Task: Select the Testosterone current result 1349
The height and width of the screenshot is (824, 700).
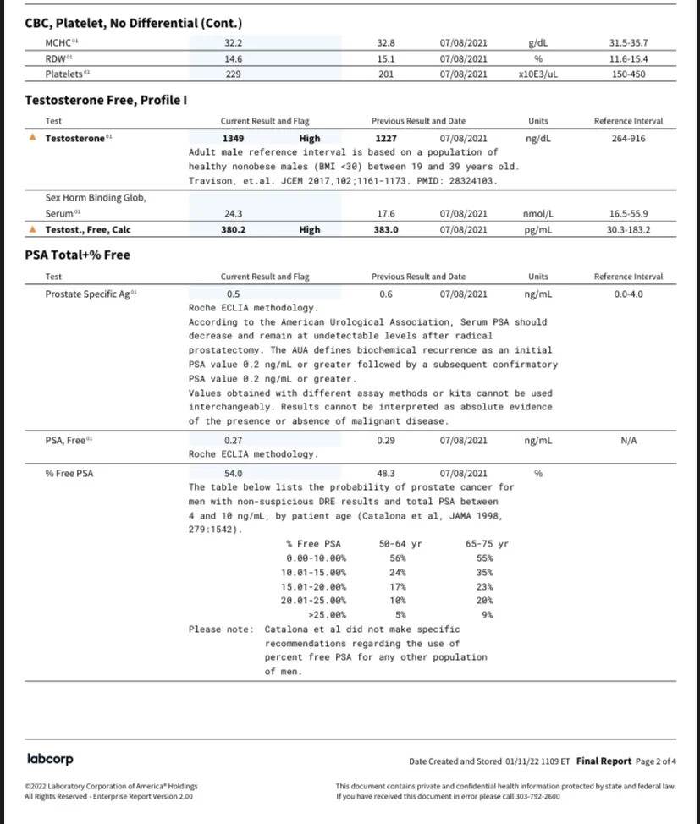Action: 234,138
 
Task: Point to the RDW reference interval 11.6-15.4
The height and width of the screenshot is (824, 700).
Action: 627,58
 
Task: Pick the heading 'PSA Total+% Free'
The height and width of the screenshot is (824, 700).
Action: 77,255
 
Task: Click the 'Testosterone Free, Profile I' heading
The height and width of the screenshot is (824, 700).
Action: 106,101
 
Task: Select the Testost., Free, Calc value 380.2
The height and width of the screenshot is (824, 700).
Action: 234,229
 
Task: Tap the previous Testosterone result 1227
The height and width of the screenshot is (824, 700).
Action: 386,138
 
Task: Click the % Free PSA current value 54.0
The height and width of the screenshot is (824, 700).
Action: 234,473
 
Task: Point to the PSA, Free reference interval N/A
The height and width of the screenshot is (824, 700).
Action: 628,440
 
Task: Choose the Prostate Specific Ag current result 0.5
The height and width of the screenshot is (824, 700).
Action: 234,294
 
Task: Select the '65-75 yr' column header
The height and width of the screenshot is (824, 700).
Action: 487,544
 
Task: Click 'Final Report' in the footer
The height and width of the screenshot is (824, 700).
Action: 604,761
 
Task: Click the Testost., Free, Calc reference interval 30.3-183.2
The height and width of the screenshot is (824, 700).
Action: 628,229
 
